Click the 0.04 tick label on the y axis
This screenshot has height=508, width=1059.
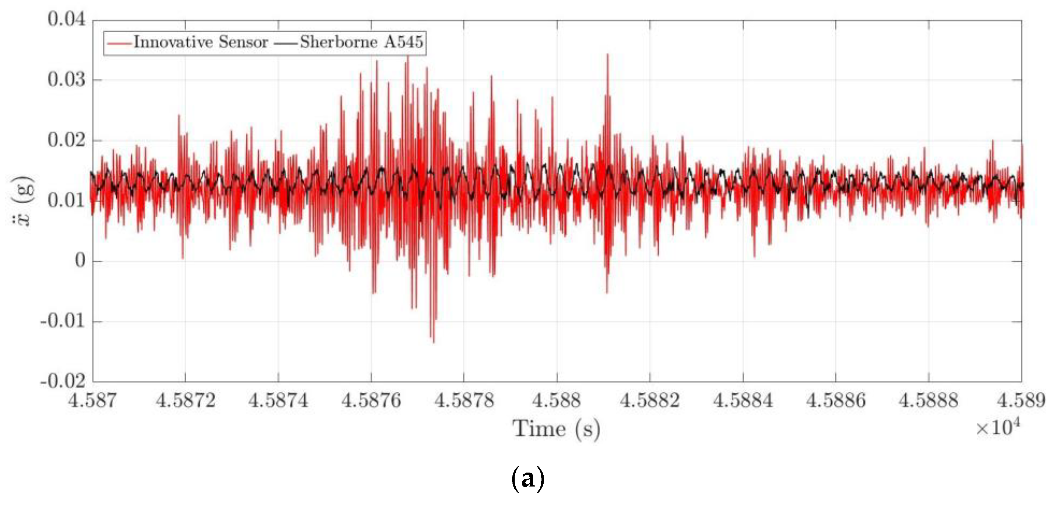[67, 19]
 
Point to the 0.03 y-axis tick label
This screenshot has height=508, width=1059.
[67, 79]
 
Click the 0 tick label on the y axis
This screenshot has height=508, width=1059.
[80, 261]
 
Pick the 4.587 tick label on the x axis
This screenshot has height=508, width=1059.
[92, 400]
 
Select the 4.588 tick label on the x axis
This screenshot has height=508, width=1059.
[557, 400]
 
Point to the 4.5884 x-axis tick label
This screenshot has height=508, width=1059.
[742, 400]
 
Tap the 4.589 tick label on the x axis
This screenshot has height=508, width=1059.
[1021, 400]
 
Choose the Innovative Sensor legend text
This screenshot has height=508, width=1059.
[201, 42]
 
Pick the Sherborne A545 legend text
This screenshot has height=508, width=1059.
[361, 42]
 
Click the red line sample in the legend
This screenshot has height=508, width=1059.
[119, 43]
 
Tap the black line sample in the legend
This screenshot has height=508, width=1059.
[285, 43]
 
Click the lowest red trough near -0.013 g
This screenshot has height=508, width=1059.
[434, 341]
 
